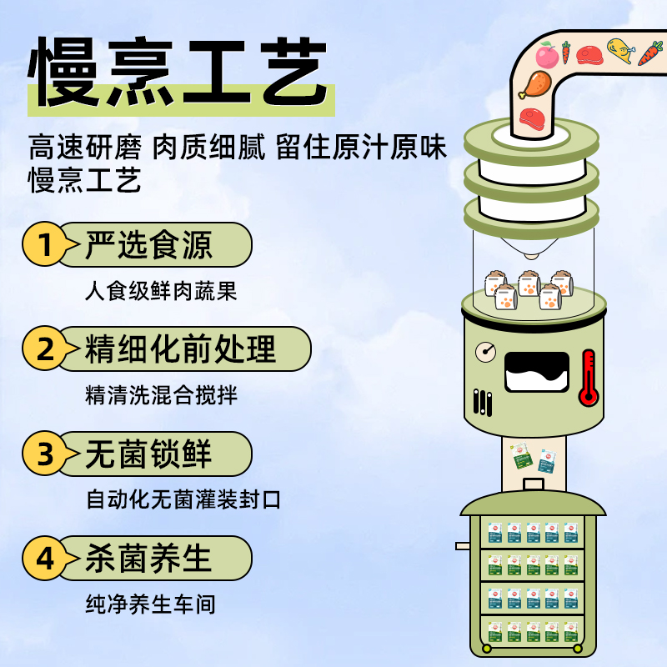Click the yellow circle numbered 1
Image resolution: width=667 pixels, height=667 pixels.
click(46, 245)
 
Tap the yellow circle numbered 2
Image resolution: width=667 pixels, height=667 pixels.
click(46, 349)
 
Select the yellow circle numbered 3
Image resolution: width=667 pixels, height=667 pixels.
click(46, 454)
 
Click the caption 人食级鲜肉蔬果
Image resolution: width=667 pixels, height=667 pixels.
click(161, 291)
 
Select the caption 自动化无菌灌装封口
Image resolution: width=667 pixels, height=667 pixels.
click(183, 500)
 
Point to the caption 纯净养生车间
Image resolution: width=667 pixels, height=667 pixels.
click(150, 604)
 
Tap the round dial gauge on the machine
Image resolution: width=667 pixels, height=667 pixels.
click(485, 353)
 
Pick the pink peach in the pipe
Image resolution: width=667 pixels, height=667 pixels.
click(546, 56)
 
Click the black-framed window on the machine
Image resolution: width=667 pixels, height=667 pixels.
click(537, 372)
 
